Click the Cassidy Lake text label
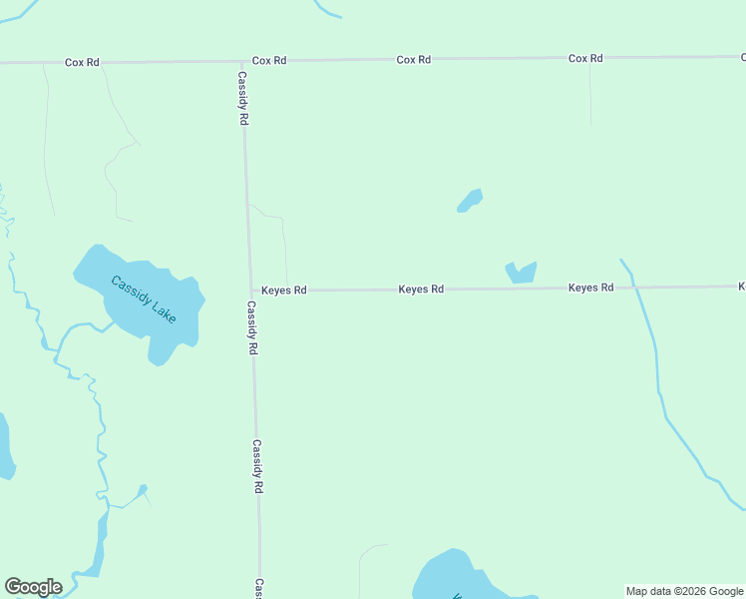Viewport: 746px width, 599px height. tap(143, 299)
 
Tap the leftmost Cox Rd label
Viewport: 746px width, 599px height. tap(82, 62)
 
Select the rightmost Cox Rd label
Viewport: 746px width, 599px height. tap(585, 59)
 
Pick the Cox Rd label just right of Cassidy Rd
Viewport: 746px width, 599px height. tap(269, 61)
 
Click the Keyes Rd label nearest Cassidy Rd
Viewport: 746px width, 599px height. tap(284, 291)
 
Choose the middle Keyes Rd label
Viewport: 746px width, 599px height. tap(421, 290)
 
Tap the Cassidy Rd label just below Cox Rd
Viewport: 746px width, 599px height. tap(242, 98)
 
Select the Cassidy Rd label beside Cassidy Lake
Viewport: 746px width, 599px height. tap(252, 328)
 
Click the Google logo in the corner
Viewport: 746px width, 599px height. tap(33, 587)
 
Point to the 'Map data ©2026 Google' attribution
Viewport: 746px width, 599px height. tap(684, 591)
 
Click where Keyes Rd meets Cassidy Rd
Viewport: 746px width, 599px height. tap(249, 291)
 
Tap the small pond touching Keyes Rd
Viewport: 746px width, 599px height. tap(521, 273)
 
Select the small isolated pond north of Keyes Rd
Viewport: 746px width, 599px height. tap(470, 201)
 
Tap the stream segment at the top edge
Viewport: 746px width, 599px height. tap(327, 9)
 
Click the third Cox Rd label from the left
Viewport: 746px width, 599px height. tap(413, 60)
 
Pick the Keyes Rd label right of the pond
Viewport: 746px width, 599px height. tap(590, 288)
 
